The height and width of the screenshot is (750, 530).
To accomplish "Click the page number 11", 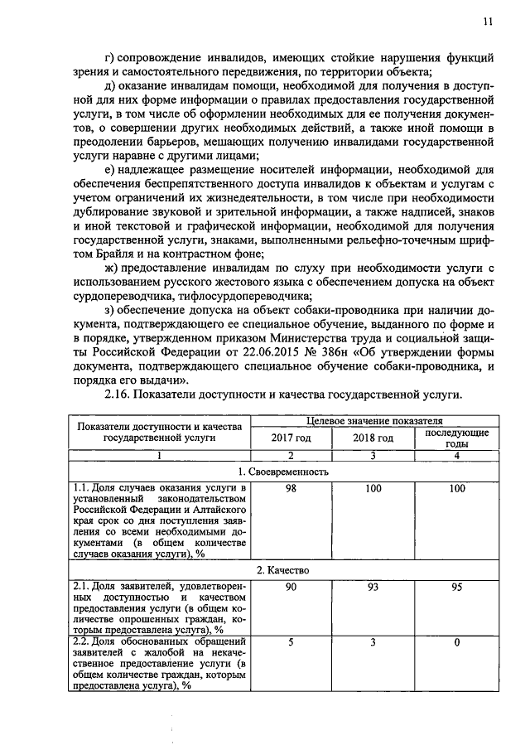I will click(488, 22).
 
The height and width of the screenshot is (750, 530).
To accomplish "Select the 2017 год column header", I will click(291, 438).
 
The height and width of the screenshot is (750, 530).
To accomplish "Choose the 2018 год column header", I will click(373, 438).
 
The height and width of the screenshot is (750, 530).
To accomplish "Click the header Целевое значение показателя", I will click(374, 422).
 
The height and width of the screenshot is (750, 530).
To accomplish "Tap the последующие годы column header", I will click(457, 438).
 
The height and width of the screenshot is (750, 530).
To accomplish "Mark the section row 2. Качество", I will click(282, 571).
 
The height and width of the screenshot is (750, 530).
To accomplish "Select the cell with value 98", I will click(291, 490).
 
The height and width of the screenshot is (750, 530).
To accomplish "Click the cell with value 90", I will click(291, 588).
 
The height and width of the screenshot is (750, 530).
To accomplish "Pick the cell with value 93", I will click(373, 588).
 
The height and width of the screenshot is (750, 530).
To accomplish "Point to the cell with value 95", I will click(457, 588).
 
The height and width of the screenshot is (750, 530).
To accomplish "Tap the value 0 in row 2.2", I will click(457, 642).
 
